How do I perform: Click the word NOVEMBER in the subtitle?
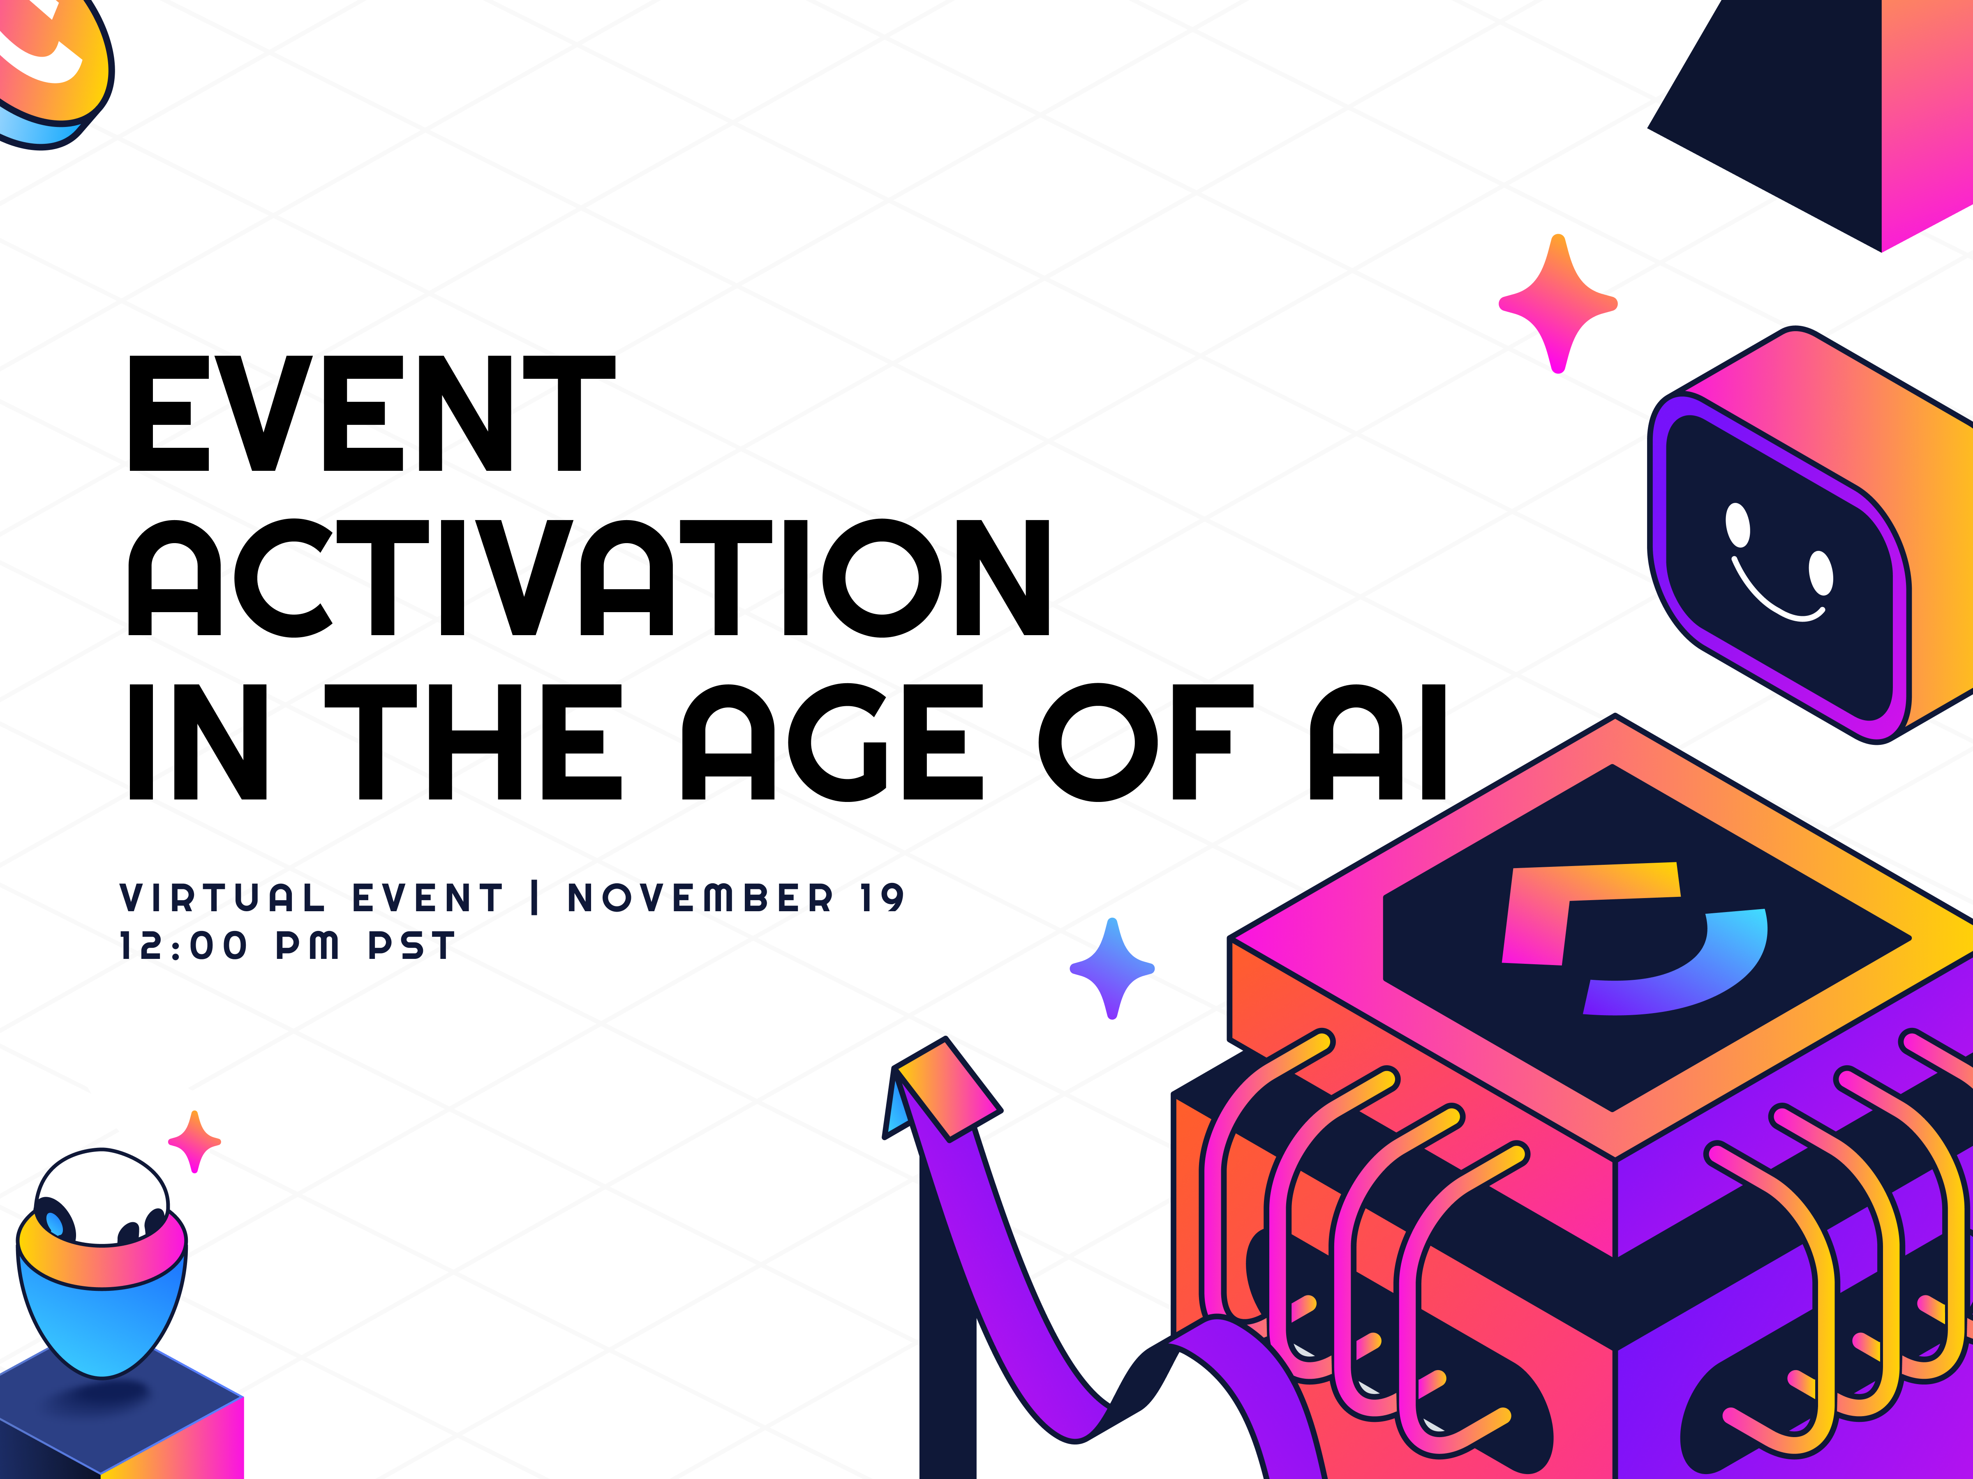pyautogui.click(x=700, y=898)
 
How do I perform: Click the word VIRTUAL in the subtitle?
pyautogui.click(x=223, y=898)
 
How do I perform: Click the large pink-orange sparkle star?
pyautogui.click(x=1557, y=303)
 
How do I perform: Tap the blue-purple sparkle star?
pyautogui.click(x=1111, y=968)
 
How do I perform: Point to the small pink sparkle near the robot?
pyautogui.click(x=194, y=1141)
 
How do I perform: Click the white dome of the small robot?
pyautogui.click(x=103, y=1190)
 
